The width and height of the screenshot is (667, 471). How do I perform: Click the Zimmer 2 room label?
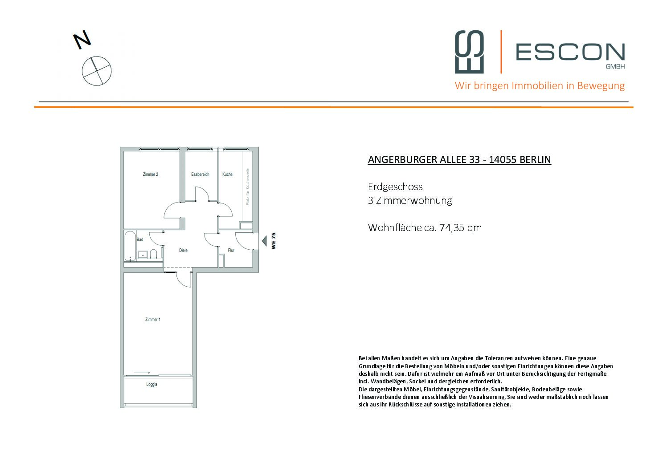(150, 175)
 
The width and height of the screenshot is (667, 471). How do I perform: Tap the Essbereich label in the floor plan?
(200, 175)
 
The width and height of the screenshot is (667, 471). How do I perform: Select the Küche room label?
(227, 175)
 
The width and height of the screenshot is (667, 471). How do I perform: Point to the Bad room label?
(140, 240)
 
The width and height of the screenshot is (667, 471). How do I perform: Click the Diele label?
(183, 251)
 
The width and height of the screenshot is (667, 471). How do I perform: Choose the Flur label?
(231, 251)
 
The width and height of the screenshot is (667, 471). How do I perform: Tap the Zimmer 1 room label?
(153, 320)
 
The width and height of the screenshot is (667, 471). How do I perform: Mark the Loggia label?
(151, 385)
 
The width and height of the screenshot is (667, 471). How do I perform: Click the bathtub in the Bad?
(130, 246)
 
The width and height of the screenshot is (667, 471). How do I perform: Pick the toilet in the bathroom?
(154, 254)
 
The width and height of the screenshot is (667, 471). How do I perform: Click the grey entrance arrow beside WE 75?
(264, 242)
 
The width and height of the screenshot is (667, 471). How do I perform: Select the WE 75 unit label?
(274, 241)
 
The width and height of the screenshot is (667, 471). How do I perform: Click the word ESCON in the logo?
(570, 52)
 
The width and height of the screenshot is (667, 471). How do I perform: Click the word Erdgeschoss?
(395, 187)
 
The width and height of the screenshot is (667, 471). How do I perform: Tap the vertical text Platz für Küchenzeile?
(248, 187)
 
